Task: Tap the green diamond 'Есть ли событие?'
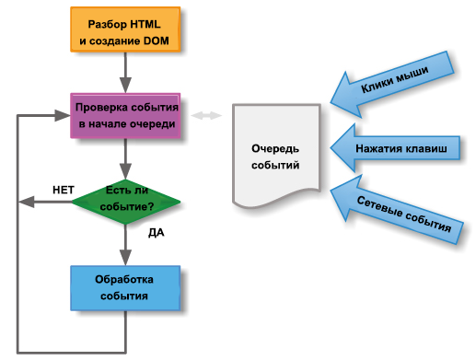[x=125, y=198]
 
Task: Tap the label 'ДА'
[x=156, y=233]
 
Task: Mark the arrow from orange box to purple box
[x=125, y=74]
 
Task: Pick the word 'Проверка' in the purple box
[x=100, y=107]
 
